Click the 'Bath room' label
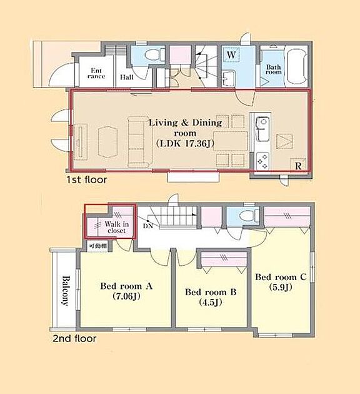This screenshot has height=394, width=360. coord(274,69)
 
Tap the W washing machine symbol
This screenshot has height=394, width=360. coord(231,55)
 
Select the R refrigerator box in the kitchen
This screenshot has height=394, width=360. coord(298,165)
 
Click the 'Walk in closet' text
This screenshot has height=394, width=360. coord(117,227)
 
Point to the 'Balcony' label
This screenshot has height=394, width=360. coord(66,291)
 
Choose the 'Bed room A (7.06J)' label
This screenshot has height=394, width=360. coord(126,291)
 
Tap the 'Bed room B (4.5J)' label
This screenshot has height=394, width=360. coord(211,297)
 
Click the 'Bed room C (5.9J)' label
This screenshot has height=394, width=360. coord(281,281)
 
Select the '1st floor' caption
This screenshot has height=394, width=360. coord(87,179)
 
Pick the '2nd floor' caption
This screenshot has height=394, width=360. coord(74,338)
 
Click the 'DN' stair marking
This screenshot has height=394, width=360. coord(148,226)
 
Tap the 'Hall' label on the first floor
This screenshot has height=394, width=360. coord(126,77)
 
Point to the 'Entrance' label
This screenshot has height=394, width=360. coord(96,73)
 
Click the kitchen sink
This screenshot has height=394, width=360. coord(262,129)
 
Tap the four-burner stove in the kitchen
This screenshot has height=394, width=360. coord(262,161)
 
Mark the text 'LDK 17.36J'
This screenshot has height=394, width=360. coord(184,143)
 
